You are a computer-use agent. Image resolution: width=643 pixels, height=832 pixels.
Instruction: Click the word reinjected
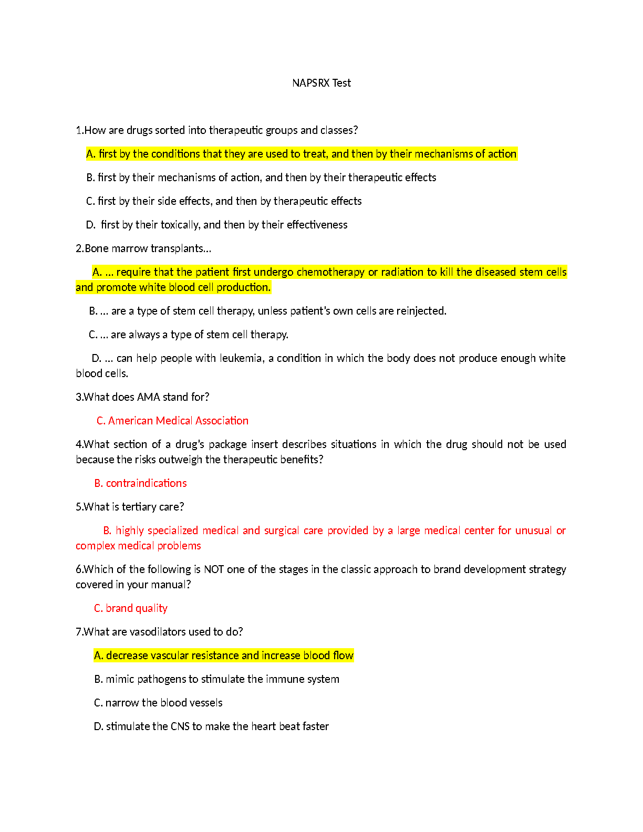pyautogui.click(x=421, y=311)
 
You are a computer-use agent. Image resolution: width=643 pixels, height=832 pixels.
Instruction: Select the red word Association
pyautogui.click(x=219, y=421)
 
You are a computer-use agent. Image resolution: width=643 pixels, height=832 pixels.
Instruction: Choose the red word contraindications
pyautogui.click(x=146, y=483)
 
